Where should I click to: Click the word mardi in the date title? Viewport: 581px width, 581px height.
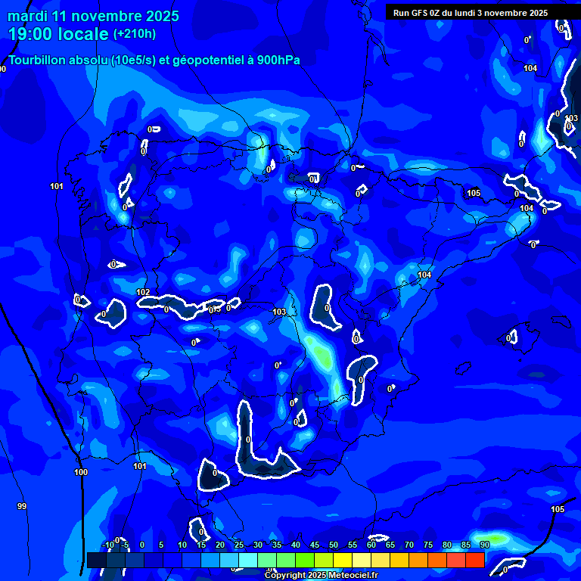pos(27,16)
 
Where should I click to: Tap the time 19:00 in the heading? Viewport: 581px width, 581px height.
pos(33,34)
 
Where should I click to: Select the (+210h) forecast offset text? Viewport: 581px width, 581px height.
pos(135,34)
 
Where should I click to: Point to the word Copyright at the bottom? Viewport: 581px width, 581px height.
pos(287,576)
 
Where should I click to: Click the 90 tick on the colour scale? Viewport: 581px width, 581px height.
pos(484,545)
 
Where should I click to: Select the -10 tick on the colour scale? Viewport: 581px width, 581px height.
pos(107,545)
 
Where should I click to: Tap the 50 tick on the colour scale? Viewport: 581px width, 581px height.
pos(333,545)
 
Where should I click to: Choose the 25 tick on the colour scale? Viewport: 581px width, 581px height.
pos(239,545)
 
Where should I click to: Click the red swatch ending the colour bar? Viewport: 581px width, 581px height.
pos(475,560)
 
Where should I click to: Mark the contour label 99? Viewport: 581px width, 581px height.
pos(21,506)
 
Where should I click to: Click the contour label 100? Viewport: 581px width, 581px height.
pos(81,472)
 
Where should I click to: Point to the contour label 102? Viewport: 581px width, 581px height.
pos(143,292)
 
